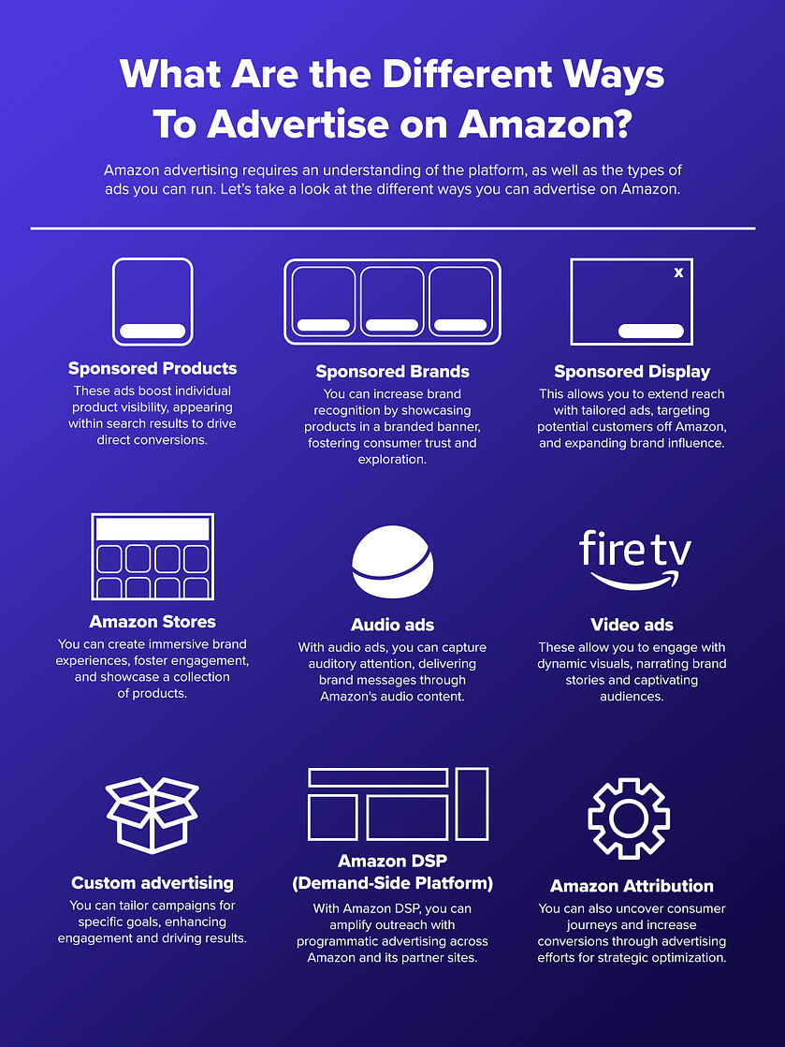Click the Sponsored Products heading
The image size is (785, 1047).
[153, 369]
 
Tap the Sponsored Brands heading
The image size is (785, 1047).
[392, 372]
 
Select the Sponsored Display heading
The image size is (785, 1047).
[632, 372]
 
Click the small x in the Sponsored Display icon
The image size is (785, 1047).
[678, 273]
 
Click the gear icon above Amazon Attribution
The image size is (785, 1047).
[629, 818]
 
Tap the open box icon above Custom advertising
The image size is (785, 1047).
[153, 816]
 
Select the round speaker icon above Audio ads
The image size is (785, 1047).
[392, 562]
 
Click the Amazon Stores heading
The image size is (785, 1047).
[153, 622]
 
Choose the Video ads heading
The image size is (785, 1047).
[632, 625]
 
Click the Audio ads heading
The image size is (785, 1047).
[392, 625]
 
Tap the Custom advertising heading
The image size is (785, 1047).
[153, 883]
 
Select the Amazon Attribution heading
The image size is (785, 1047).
[632, 886]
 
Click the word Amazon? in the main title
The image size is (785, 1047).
[545, 125]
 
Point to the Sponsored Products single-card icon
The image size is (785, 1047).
[153, 302]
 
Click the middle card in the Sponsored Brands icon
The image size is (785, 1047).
[392, 302]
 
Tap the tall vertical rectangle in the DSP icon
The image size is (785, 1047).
[472, 804]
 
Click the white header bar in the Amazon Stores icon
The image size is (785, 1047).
[153, 529]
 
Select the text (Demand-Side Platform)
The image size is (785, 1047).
[392, 883]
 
